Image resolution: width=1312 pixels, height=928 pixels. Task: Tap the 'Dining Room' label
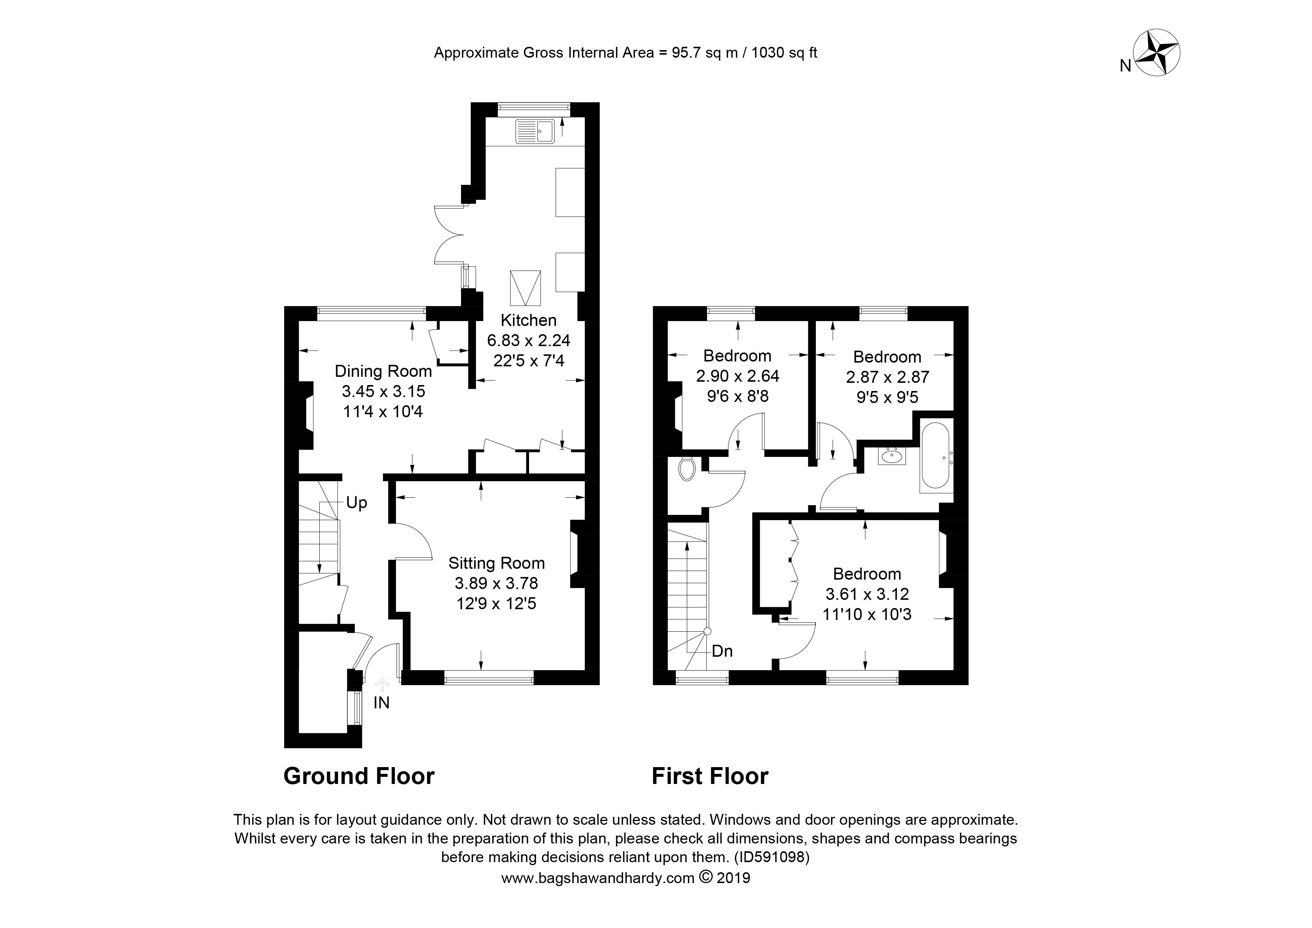tap(383, 371)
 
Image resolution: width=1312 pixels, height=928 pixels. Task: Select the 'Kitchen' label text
tap(529, 320)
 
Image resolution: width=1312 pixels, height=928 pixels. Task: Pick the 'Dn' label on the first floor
tap(722, 651)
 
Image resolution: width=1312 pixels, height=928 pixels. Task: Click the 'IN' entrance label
tap(381, 703)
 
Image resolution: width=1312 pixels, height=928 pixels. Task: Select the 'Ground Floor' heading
tap(359, 776)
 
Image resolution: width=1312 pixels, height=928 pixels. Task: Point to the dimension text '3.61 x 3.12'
tap(867, 594)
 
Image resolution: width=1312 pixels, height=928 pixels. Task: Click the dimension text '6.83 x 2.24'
tap(529, 341)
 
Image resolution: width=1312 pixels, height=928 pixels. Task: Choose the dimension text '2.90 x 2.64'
tap(737, 376)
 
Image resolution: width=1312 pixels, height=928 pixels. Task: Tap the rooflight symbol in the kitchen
tap(525, 289)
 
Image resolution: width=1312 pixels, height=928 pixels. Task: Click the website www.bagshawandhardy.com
tap(598, 878)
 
